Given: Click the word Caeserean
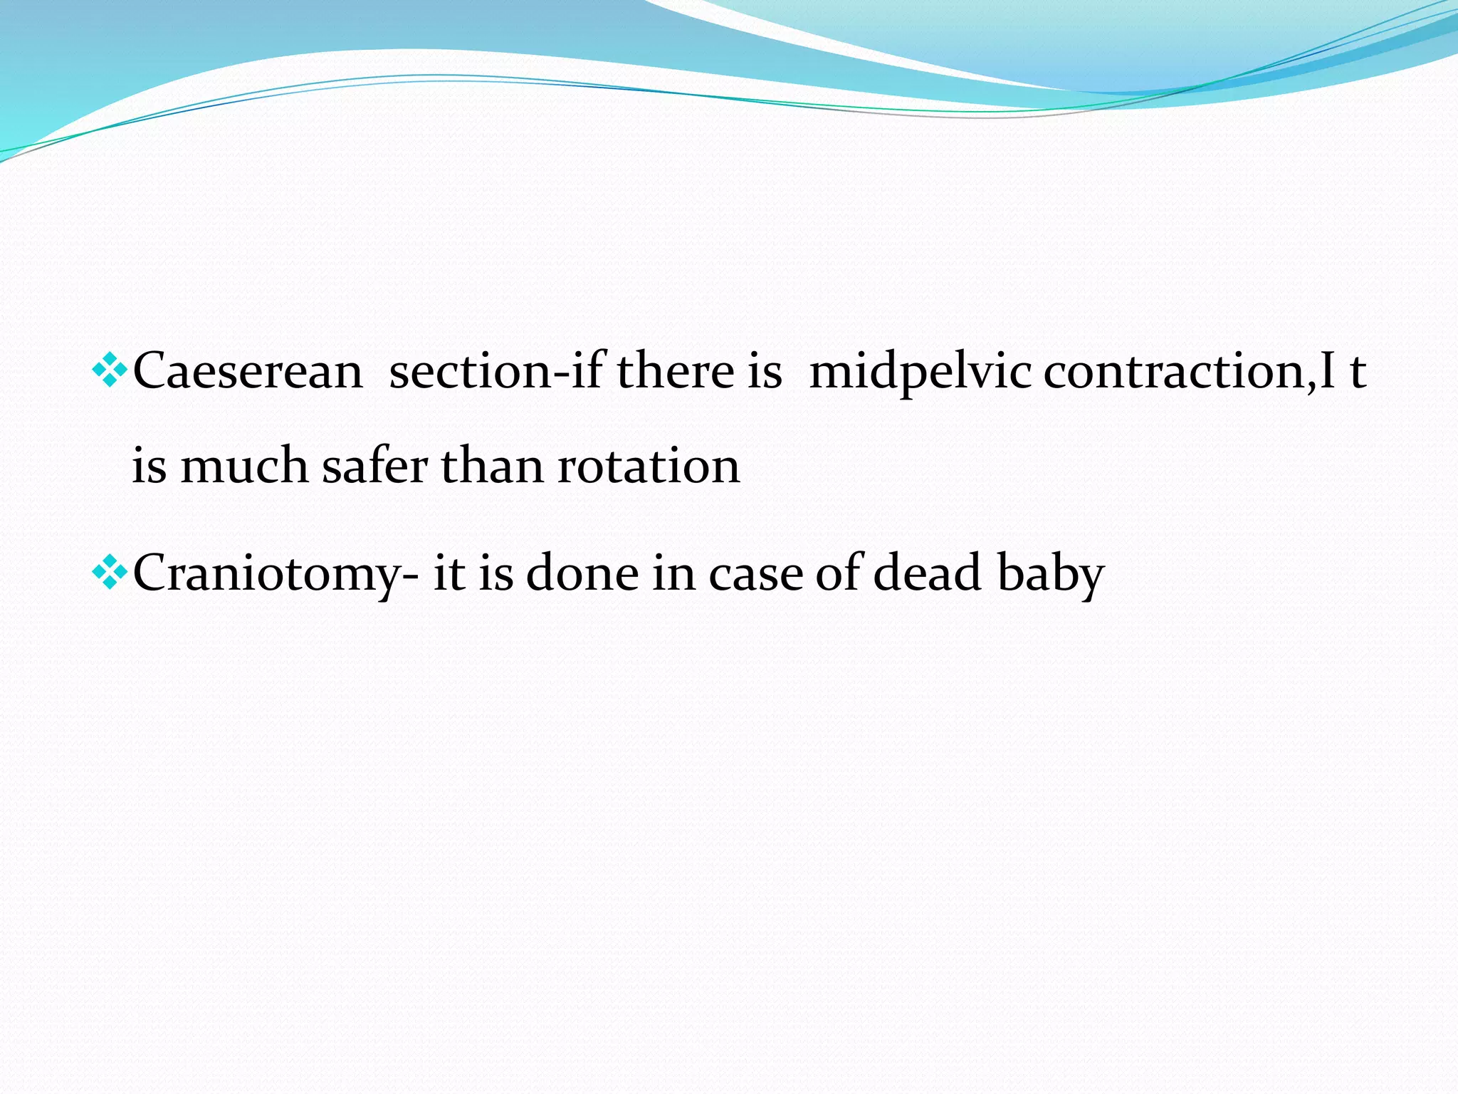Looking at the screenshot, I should [x=248, y=371].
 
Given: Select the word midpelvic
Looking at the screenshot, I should [x=920, y=371].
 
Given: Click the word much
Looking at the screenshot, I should [x=244, y=467].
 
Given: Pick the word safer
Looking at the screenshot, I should [x=374, y=467].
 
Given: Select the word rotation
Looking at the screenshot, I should [x=648, y=467].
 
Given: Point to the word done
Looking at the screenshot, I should [x=582, y=574].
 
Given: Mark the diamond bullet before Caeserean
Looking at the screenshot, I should [x=110, y=370].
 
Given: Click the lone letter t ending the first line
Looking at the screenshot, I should [x=1358, y=371].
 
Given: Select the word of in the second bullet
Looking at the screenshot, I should [x=838, y=574].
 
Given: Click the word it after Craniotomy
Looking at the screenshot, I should [x=449, y=574].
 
